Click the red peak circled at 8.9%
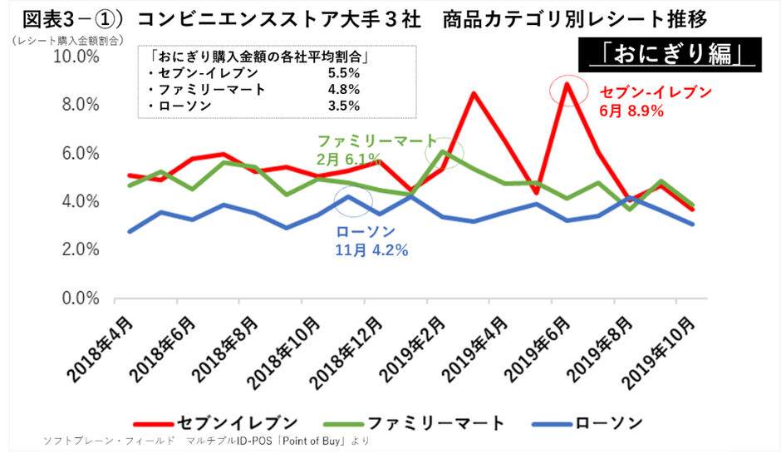[x=567, y=84]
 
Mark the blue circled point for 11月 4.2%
[x=351, y=197]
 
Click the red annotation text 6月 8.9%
[x=631, y=110]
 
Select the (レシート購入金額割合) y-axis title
[x=67, y=39]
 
